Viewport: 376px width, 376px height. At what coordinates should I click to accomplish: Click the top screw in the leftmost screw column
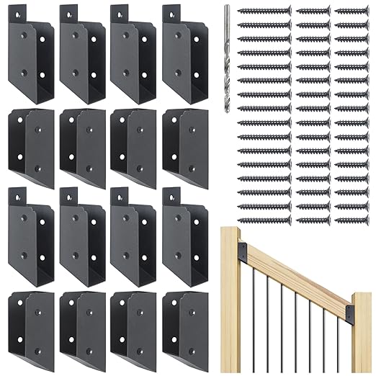pos(264,12)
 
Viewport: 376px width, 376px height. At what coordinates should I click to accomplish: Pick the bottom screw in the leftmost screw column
pos(264,218)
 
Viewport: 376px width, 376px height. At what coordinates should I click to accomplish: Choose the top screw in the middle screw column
pos(313,12)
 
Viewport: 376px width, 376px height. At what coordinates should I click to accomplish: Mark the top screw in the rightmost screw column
pos(351,12)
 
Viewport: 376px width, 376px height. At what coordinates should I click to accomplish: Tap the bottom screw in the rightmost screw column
pos(351,218)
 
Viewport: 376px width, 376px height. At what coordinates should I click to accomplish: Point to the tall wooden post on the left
pos(230,303)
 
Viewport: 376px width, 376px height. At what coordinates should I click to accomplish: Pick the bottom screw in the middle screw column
pos(313,218)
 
